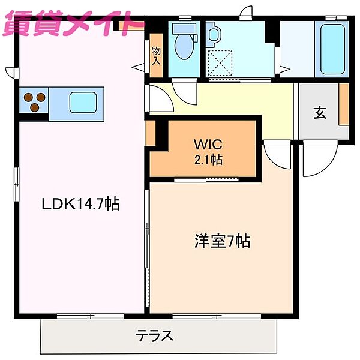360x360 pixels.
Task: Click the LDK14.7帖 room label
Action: [80, 205]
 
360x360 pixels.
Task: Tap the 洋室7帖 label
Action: [221, 242]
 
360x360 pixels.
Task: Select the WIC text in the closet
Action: [208, 145]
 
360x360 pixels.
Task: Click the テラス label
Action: [154, 335]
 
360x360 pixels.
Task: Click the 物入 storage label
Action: [156, 56]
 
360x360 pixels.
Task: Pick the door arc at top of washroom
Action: [246, 13]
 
